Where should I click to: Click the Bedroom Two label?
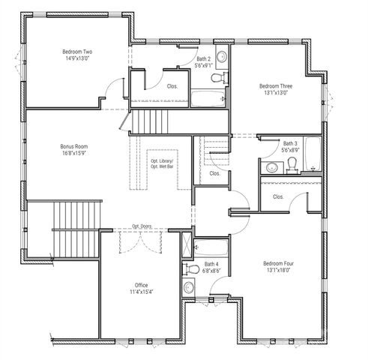[76, 52]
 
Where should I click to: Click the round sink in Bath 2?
[223, 57]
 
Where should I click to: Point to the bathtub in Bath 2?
[207, 97]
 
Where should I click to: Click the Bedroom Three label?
[276, 85]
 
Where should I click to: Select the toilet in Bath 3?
[292, 169]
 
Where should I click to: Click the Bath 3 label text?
[290, 142]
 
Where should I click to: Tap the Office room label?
[141, 285]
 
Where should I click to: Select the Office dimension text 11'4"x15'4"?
[141, 292]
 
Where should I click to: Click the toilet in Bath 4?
[190, 268]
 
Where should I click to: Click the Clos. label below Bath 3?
[278, 196]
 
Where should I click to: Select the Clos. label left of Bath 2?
[172, 85]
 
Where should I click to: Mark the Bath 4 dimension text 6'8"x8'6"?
[211, 271]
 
